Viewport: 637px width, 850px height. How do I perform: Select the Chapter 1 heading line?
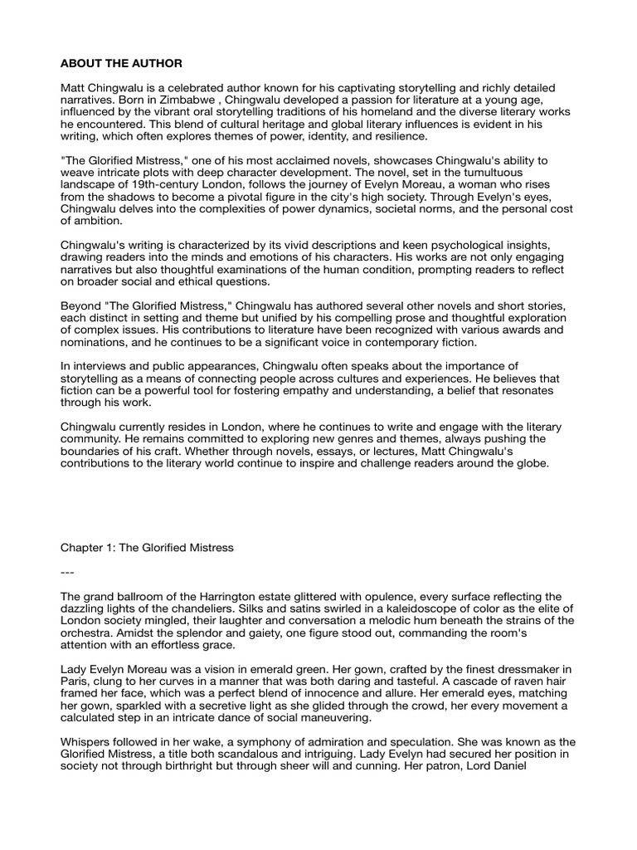146,548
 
